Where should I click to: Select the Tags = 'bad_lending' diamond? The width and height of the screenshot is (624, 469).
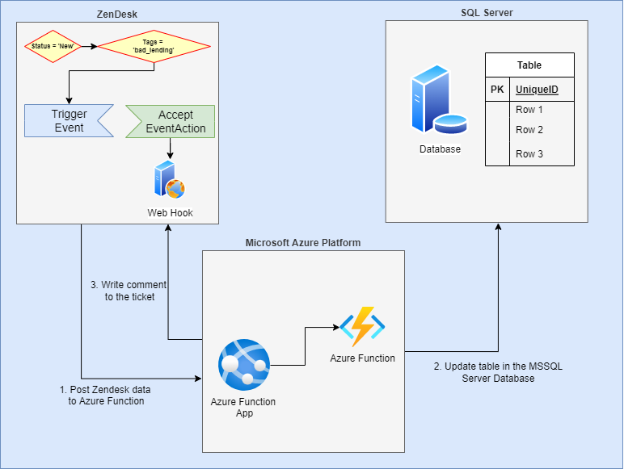154,47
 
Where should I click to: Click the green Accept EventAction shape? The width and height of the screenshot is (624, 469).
171,121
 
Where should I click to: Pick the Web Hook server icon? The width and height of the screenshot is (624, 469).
170,179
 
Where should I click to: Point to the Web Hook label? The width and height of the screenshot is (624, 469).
170,213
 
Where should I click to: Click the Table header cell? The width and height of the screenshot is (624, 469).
529,65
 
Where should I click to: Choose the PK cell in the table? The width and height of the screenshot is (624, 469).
497,90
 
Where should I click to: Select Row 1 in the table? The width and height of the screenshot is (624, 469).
529,110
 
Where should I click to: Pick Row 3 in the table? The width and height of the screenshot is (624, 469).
529,153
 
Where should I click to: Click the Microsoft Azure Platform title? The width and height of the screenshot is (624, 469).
302,242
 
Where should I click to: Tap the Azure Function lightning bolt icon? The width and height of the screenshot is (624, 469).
362,326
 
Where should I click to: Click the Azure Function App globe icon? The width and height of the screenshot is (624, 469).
243,366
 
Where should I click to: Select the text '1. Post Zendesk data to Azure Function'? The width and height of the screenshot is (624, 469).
106,395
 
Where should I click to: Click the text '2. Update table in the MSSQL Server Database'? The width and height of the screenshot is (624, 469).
498,372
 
